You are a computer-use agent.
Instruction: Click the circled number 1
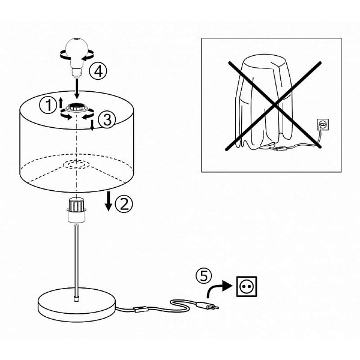pyautogui.click(x=48, y=106)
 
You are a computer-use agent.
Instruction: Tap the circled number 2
pyautogui.click(x=124, y=204)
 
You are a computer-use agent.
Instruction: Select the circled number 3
pyautogui.click(x=107, y=119)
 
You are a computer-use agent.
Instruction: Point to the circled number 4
pyautogui.click(x=98, y=71)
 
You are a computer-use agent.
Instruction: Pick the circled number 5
pyautogui.click(x=204, y=276)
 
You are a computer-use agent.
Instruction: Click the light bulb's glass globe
pyautogui.click(x=76, y=49)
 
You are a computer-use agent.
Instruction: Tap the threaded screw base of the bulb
pyautogui.click(x=76, y=72)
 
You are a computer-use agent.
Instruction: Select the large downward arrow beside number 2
pyautogui.click(x=109, y=201)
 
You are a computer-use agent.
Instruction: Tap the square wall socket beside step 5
pyautogui.click(x=247, y=286)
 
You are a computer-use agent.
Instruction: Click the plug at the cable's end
pyautogui.click(x=208, y=306)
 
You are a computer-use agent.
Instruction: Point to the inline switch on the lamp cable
pyautogui.click(x=140, y=308)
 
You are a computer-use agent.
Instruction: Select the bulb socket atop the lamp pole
pyautogui.click(x=76, y=210)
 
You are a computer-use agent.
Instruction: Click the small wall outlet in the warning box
pyautogui.click(x=323, y=124)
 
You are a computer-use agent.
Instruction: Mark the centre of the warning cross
pyautogui.click(x=275, y=106)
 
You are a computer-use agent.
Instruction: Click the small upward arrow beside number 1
pyautogui.click(x=61, y=103)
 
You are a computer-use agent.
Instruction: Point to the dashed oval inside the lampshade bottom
pyautogui.click(x=76, y=164)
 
